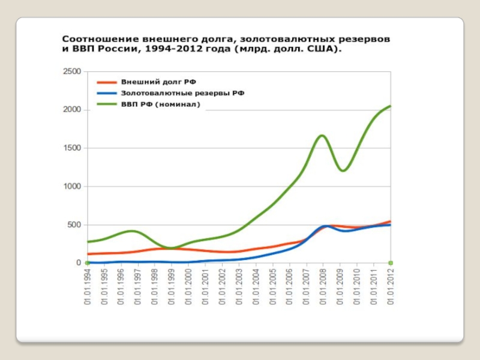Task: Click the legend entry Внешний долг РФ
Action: coord(158,82)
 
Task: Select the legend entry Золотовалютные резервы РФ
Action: coord(182,93)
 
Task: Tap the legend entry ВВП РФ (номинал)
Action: coord(160,104)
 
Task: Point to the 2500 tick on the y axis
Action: coord(72,71)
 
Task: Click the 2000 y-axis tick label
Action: coord(72,110)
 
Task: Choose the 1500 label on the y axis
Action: coord(72,148)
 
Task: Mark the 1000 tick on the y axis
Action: coord(72,187)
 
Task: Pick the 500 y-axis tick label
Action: coord(74,225)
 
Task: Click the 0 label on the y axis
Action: coord(79,263)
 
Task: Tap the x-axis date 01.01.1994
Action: coord(88,287)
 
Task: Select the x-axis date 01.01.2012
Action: coord(391,287)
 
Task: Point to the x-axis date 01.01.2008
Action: coord(323,287)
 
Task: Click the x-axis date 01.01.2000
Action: coord(188,287)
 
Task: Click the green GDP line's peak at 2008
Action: coord(322,136)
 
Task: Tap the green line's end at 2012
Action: coord(391,106)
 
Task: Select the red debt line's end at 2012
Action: coord(391,221)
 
